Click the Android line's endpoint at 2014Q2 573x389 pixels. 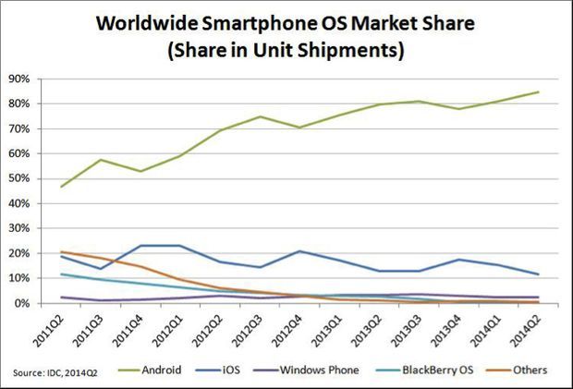point(539,91)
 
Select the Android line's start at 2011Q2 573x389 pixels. point(62,187)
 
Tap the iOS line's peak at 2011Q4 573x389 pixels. point(141,246)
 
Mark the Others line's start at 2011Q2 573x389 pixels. point(62,252)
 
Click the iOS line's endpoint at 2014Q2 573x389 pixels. point(539,274)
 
